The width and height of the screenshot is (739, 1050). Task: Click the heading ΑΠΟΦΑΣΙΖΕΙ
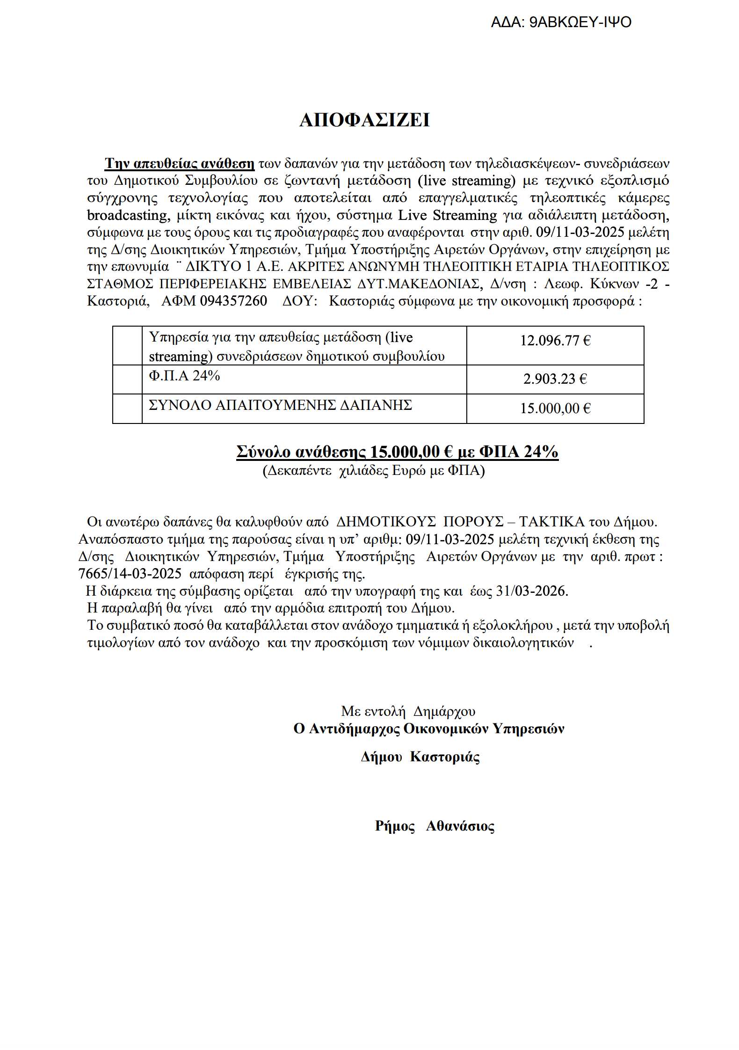point(364,121)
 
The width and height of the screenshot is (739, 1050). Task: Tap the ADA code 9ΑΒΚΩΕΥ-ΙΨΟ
point(580,22)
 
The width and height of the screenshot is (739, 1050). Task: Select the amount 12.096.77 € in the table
point(555,341)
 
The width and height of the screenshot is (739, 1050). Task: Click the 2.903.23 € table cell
point(555,379)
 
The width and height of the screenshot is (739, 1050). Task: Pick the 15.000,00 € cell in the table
point(555,408)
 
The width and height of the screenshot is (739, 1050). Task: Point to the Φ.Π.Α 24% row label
point(184,376)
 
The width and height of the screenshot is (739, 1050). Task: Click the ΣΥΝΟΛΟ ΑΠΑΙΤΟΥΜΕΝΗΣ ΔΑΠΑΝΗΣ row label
point(280,405)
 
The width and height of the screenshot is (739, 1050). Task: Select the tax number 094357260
point(233,301)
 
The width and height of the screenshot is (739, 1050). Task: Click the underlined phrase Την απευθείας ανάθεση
point(180,164)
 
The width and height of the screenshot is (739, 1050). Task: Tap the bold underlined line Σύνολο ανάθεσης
point(397,452)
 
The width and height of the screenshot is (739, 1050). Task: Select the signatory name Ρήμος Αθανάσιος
point(435,826)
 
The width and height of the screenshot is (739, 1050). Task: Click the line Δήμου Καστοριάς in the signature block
point(420,757)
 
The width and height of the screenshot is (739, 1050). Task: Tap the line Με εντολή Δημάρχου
point(408,712)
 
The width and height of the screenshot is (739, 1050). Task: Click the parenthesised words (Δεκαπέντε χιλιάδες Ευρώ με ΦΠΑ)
point(373,471)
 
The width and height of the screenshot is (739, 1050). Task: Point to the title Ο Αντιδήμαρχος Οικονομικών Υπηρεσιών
point(428,729)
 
